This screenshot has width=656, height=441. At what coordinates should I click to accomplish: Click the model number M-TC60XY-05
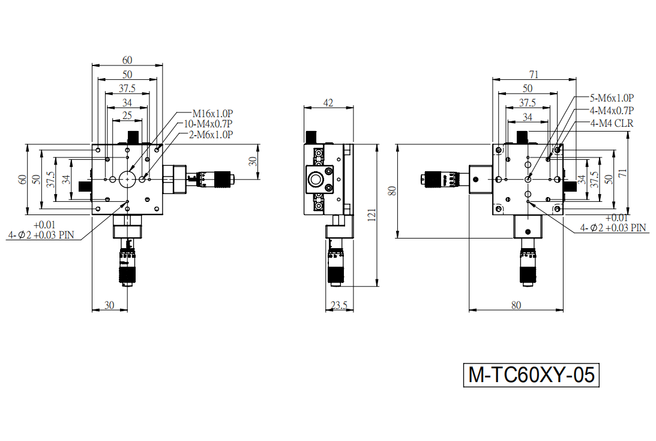coord(531,375)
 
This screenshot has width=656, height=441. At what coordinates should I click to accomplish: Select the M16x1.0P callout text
coord(212,114)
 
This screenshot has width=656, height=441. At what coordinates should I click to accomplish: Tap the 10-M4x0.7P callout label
coord(208,124)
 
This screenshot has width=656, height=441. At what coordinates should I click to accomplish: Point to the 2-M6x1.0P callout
coord(211,135)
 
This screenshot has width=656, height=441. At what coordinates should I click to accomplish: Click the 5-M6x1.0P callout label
coord(612,98)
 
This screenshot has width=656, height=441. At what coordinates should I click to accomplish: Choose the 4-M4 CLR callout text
coord(612,124)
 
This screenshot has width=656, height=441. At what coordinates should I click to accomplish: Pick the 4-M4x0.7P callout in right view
coord(612,111)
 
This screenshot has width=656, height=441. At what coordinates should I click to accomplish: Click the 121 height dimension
coord(372,215)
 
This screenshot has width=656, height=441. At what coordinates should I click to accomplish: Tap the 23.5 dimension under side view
coord(339,305)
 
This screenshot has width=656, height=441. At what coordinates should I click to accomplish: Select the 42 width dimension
coord(328,103)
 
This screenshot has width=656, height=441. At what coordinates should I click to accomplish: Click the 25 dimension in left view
coord(127,115)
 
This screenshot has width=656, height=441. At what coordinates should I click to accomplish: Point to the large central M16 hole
coord(127,179)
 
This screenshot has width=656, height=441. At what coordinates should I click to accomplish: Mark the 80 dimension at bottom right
coord(516,305)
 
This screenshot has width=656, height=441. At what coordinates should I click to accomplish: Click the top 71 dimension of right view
coord(534,75)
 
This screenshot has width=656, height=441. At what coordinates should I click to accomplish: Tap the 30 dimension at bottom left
coord(109,305)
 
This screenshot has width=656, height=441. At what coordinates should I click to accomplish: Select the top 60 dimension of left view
coord(127,60)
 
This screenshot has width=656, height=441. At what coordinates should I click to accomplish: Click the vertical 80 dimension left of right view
coord(392,191)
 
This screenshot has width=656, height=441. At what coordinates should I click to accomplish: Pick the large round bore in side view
coord(316,180)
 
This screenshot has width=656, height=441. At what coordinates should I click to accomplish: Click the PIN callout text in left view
coord(41,230)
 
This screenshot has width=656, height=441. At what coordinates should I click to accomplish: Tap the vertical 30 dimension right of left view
coord(253,161)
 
